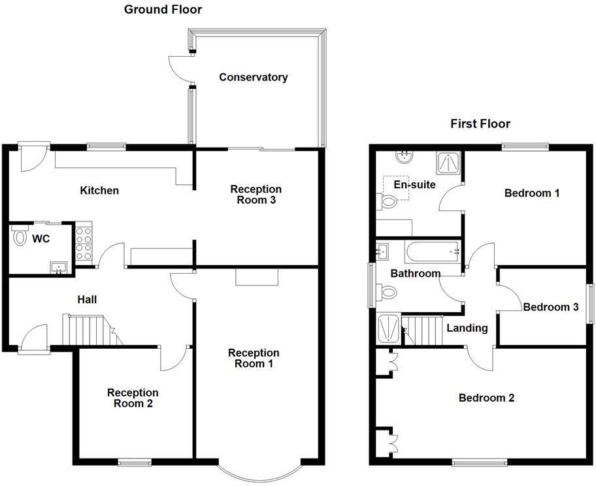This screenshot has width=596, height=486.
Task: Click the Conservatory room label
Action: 253,77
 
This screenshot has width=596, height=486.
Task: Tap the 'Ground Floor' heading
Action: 163,10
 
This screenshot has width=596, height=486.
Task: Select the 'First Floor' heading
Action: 480,123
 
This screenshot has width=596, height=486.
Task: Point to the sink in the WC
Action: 59,267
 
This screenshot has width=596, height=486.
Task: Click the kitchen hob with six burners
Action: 84,242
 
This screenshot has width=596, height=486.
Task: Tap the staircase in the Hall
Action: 88,331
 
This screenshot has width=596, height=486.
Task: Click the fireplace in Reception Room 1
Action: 257,278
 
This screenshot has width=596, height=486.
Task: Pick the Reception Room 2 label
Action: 133,398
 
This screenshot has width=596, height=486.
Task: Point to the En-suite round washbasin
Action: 403,157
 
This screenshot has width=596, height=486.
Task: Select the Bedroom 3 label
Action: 551,307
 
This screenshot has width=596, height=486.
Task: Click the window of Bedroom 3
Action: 589,304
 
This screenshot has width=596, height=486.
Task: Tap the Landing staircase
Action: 422,331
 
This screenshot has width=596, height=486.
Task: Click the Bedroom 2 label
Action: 486,398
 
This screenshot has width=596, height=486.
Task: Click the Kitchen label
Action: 99,191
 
